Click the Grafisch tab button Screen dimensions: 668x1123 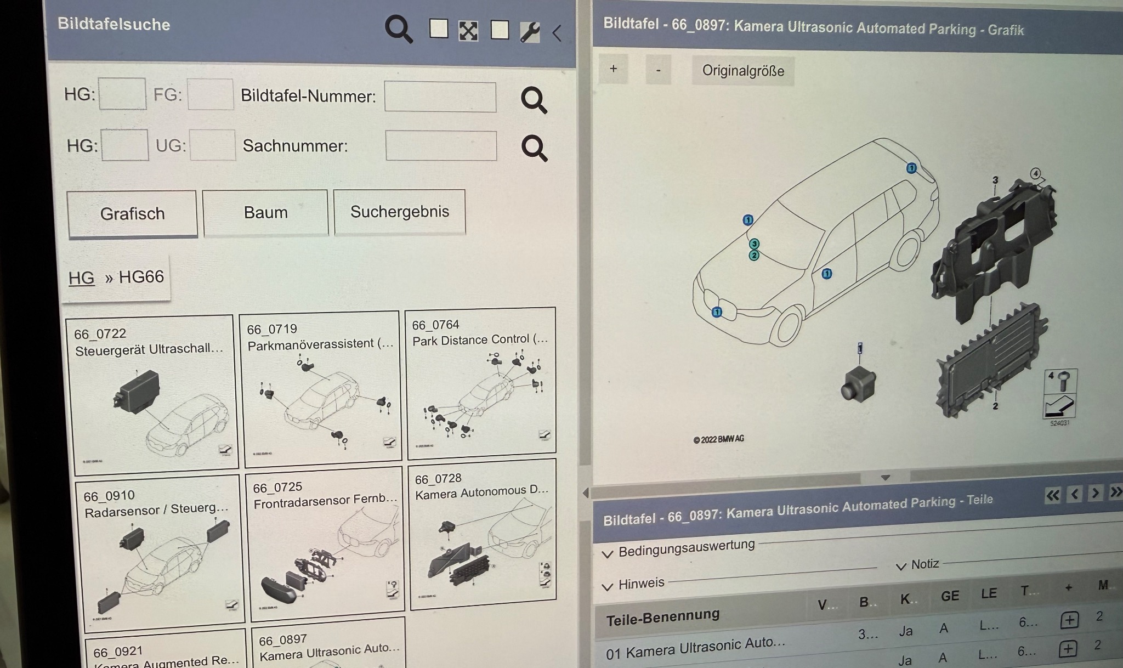click(132, 213)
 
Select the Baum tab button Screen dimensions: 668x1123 click(265, 212)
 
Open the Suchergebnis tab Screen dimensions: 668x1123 click(399, 212)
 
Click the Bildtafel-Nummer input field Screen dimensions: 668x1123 click(440, 97)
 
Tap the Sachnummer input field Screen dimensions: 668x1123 click(441, 146)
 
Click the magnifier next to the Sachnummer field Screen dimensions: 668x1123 click(534, 148)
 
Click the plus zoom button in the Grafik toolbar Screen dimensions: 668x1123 click(613, 69)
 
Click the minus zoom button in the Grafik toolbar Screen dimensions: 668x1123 click(658, 70)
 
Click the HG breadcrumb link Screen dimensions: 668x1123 click(81, 278)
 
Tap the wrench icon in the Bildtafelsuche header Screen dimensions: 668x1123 click(530, 32)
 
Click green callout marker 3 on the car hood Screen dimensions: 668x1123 click(755, 244)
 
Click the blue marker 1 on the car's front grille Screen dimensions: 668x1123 click(717, 312)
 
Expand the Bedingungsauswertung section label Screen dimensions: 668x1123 click(686, 548)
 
